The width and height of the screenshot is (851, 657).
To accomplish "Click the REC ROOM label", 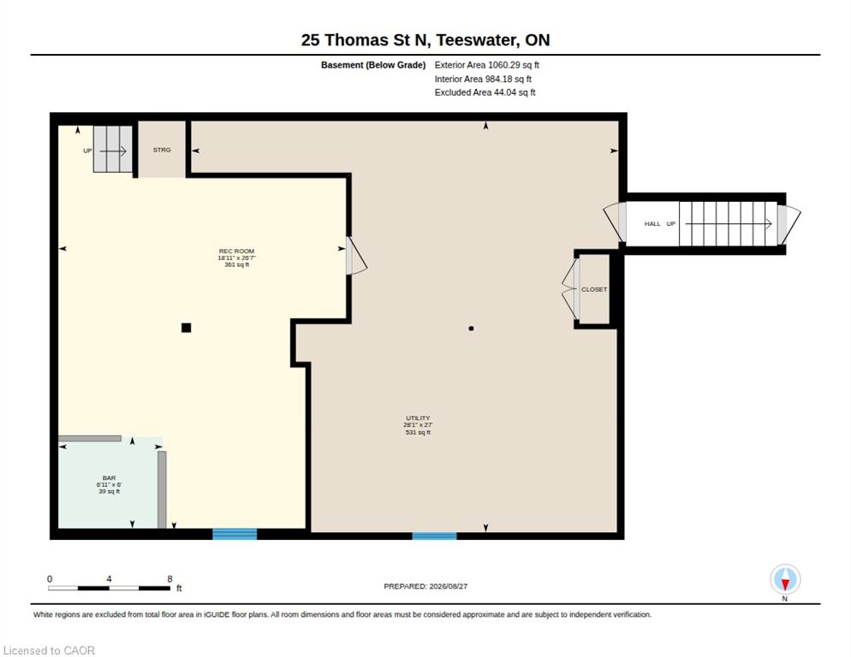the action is click(x=236, y=252).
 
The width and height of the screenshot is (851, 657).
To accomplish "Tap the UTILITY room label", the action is click(x=418, y=418).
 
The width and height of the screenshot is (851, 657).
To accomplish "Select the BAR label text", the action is click(x=109, y=478).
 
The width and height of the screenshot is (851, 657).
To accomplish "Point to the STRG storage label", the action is click(x=162, y=150).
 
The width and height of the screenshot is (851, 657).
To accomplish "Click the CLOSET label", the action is click(x=594, y=290).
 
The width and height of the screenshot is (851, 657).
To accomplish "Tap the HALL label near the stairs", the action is click(x=652, y=223).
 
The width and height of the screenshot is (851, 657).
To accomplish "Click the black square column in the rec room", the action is click(x=186, y=328).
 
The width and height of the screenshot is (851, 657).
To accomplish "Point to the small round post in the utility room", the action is click(x=471, y=328).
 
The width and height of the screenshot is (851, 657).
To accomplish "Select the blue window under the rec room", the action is click(x=235, y=535).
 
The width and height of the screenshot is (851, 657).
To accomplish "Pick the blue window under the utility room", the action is click(x=434, y=536).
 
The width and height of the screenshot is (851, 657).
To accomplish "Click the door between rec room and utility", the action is click(x=355, y=255).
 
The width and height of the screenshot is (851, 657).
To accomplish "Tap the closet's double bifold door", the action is click(x=571, y=289).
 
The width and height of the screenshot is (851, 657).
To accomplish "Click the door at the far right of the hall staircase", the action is click(x=788, y=224).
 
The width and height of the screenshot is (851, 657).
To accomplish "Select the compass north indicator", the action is click(x=785, y=580).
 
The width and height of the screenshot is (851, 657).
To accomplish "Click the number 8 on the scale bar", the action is click(x=170, y=579).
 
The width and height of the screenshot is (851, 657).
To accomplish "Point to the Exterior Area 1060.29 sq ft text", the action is click(x=487, y=65).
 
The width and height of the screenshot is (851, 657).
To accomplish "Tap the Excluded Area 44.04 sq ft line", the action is click(x=485, y=92).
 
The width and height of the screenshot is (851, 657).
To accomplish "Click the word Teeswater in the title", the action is click(x=478, y=40).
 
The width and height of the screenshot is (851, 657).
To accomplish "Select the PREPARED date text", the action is click(x=425, y=587).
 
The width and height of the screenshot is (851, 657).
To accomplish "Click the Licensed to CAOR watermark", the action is click(x=49, y=650).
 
